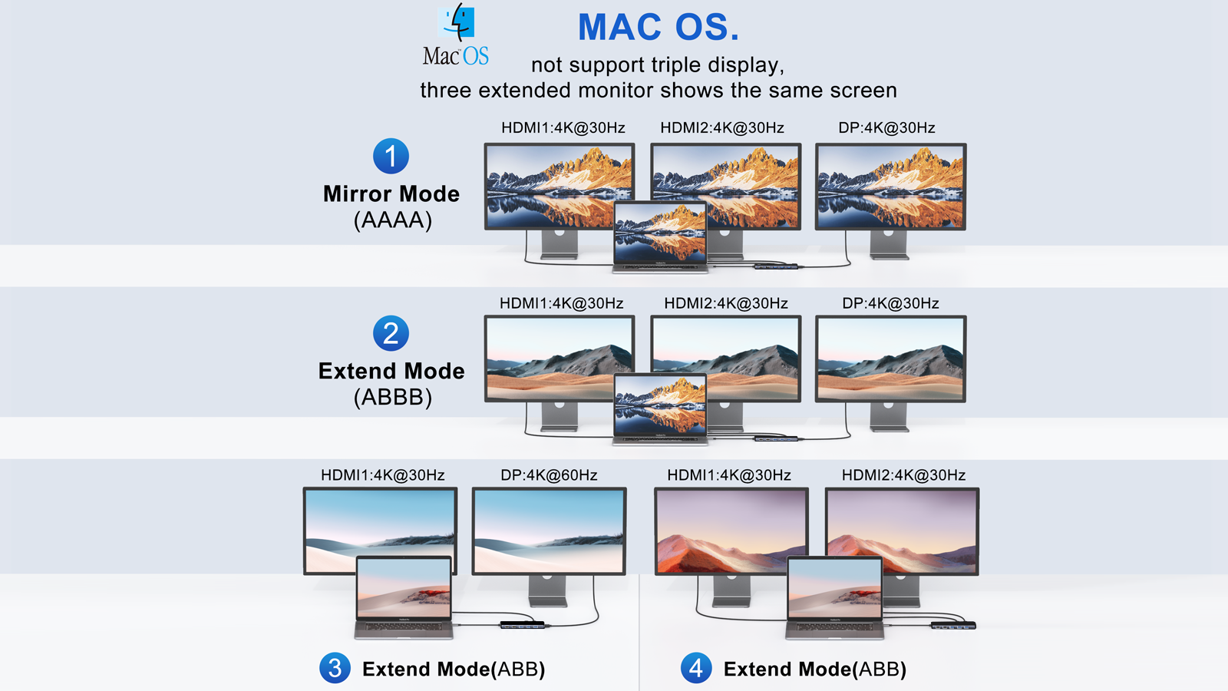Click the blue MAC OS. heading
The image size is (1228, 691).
[x=659, y=27]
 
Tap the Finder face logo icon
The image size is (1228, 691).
[x=456, y=22]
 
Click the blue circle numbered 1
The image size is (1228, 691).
[x=391, y=157]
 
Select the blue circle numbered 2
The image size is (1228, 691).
[x=391, y=333]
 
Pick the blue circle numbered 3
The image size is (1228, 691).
[x=335, y=668]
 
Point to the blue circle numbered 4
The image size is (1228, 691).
[x=696, y=668]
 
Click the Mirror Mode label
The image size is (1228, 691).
[x=391, y=193]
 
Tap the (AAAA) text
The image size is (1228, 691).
[x=392, y=220]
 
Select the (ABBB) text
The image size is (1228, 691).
[x=392, y=397]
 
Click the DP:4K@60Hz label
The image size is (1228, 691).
[x=549, y=475]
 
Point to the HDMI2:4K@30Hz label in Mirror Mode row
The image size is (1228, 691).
[x=722, y=127]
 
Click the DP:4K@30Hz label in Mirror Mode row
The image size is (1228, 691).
[x=886, y=127]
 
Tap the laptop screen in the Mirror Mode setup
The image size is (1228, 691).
[x=660, y=232]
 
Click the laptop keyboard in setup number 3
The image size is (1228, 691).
[x=404, y=627]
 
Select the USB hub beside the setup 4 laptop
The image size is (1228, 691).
[x=953, y=625]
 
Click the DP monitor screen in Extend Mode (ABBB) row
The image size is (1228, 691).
[x=890, y=359]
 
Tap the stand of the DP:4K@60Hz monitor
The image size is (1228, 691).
[x=548, y=590]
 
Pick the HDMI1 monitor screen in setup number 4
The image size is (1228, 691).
[x=731, y=531]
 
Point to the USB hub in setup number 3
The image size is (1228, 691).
[x=523, y=625]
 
